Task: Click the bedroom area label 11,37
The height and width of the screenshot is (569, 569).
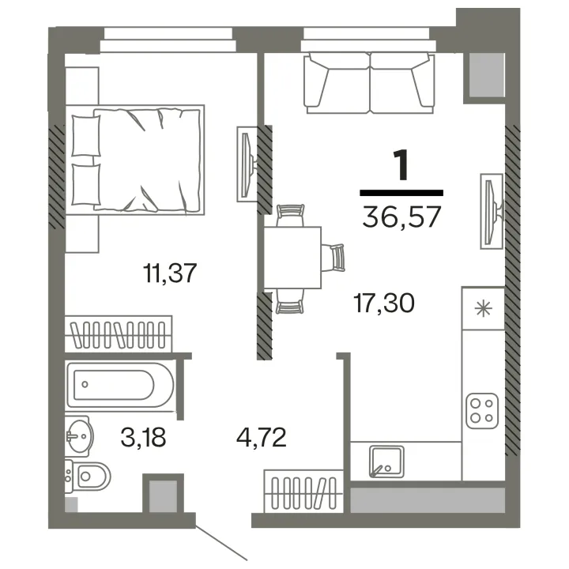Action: click(170, 273)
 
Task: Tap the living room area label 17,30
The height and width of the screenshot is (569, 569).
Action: click(384, 303)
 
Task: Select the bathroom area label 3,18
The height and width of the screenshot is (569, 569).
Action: click(143, 437)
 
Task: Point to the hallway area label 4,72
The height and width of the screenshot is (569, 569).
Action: click(262, 437)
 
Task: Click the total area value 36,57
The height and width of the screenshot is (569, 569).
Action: click(401, 217)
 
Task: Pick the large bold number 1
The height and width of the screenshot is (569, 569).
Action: click(401, 165)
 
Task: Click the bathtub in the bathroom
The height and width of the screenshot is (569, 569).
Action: click(120, 385)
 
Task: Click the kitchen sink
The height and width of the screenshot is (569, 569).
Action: click(386, 462)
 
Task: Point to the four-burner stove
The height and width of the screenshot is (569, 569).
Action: click(482, 411)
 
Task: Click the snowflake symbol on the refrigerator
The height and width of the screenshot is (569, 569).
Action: click(484, 309)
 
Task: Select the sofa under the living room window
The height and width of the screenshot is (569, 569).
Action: click(369, 83)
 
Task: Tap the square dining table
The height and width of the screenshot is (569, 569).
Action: click(292, 258)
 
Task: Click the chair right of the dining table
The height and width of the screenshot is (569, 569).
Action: click(333, 258)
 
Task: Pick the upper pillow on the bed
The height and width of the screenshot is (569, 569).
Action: click(86, 136)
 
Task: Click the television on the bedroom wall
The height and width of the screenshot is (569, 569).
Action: click(247, 164)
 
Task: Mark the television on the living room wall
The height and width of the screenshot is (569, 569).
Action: click(492, 211)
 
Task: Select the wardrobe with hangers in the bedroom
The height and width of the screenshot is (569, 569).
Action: click(119, 333)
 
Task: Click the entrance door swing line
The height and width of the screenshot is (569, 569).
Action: click(221, 542)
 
